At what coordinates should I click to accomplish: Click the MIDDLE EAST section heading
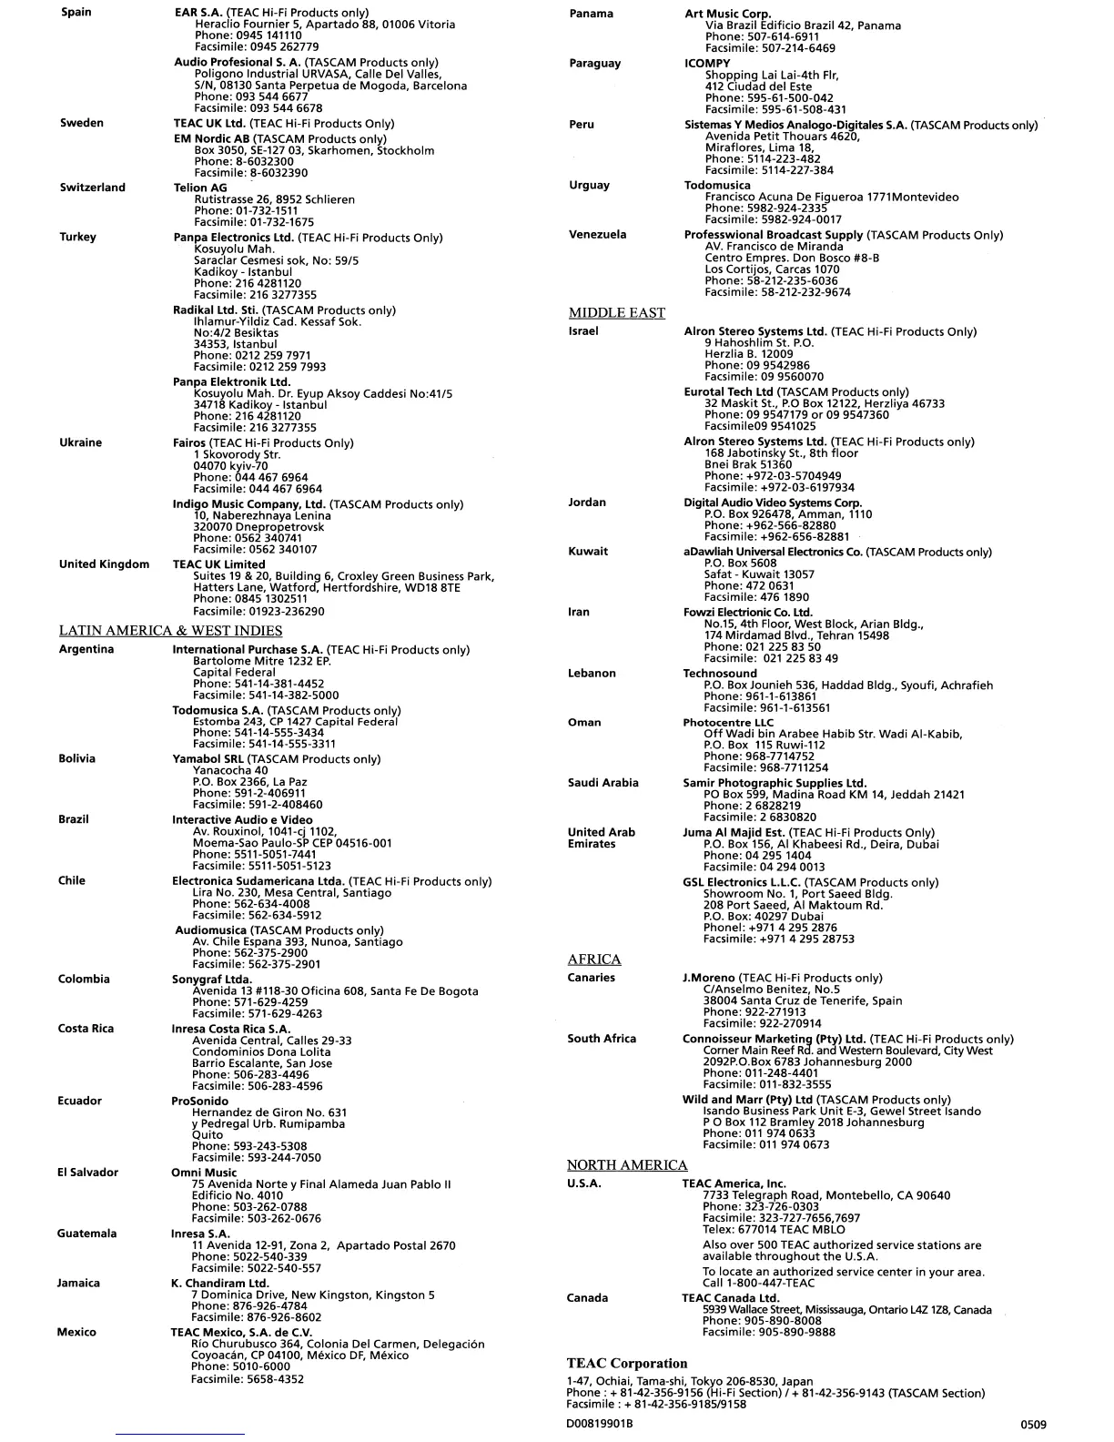(x=616, y=313)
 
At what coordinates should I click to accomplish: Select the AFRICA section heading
(x=593, y=960)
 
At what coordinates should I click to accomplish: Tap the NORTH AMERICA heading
(x=626, y=1165)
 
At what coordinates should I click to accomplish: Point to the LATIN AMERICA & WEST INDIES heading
(x=170, y=631)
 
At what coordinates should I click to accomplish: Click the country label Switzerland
(x=92, y=188)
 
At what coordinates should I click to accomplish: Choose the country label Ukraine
(x=80, y=442)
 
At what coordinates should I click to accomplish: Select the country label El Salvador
(x=87, y=1173)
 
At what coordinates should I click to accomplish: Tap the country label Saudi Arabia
(x=603, y=783)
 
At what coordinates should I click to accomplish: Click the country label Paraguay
(x=594, y=64)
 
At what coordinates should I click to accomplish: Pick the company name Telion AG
(x=200, y=188)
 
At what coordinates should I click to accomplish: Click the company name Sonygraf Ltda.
(x=211, y=980)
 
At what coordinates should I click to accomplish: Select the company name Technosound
(x=719, y=674)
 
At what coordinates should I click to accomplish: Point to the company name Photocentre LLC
(x=728, y=723)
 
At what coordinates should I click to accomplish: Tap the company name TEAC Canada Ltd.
(x=730, y=1298)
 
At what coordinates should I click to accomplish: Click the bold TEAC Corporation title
(x=626, y=1364)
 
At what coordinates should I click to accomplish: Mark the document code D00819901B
(x=599, y=1424)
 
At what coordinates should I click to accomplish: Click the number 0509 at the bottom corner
(x=1032, y=1425)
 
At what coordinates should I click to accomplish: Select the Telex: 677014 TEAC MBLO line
(x=761, y=1229)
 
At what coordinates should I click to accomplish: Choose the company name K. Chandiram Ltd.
(x=219, y=1284)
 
